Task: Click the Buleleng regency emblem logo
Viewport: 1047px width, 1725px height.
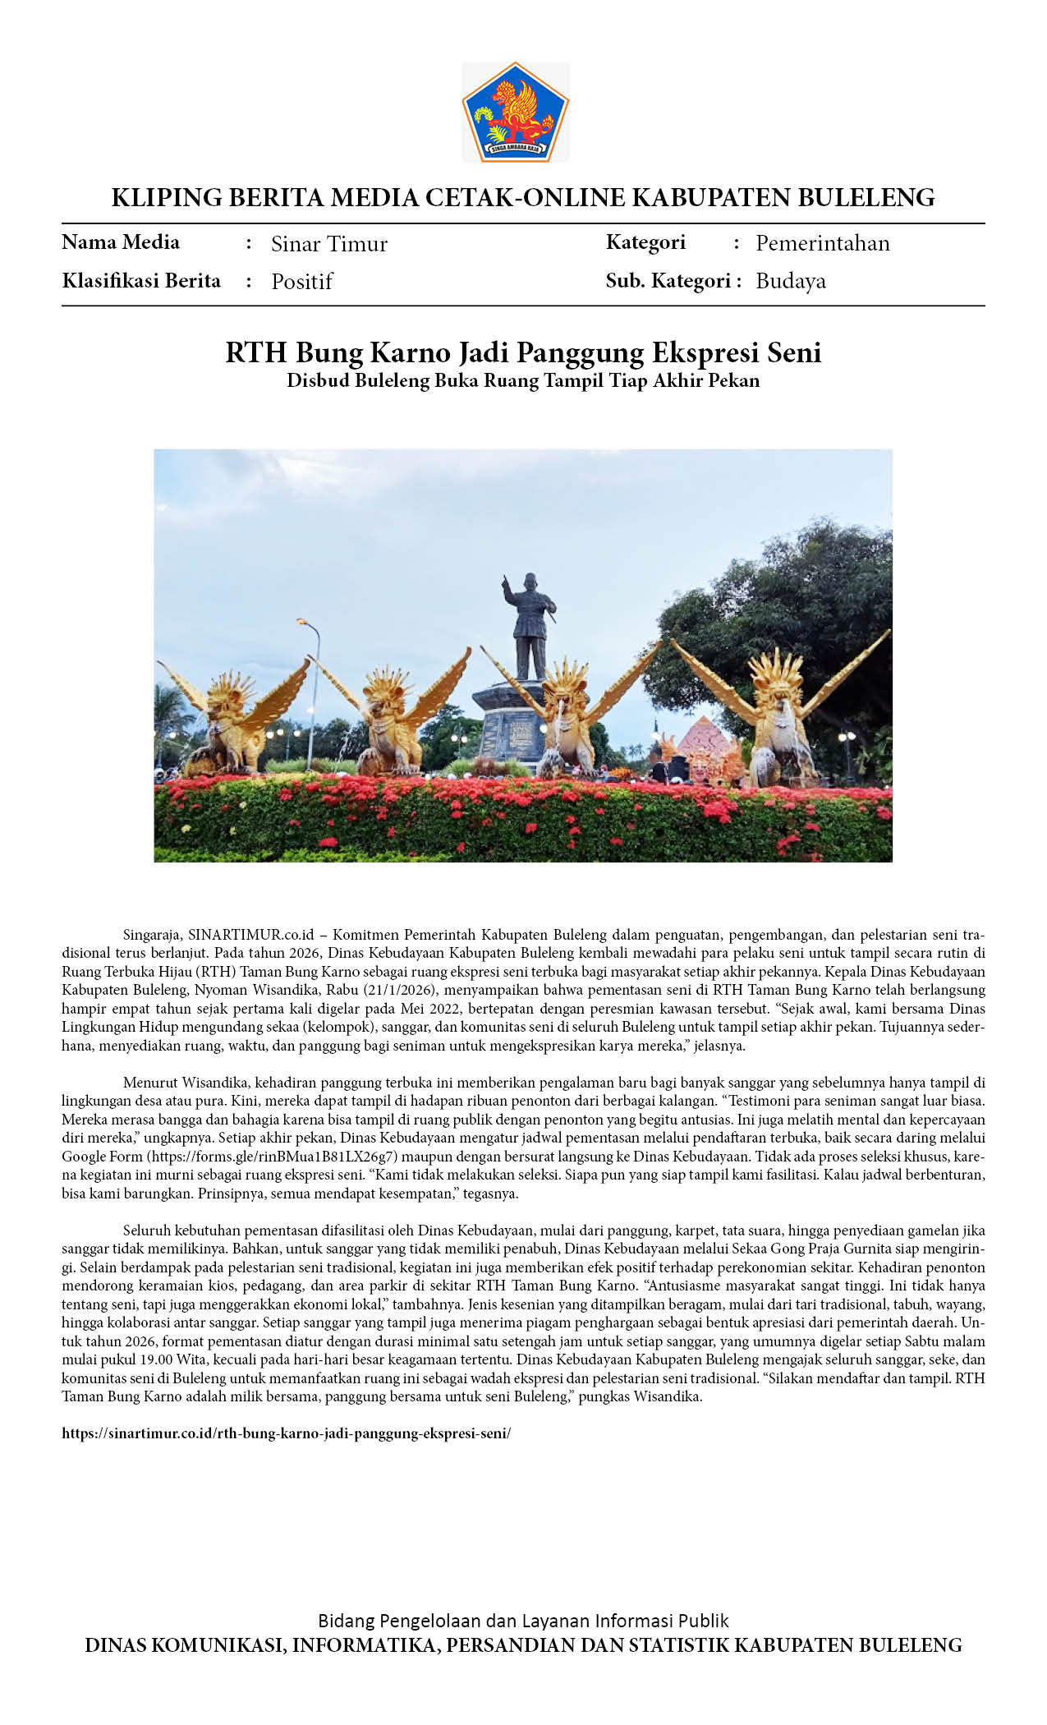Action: tap(516, 112)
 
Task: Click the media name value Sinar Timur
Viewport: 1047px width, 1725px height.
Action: tap(328, 244)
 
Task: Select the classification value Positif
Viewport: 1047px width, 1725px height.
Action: tap(301, 282)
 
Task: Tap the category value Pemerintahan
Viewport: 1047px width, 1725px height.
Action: tap(822, 243)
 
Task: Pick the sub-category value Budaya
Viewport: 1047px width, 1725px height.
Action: tap(790, 281)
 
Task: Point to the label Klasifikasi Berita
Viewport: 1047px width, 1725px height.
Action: tap(141, 281)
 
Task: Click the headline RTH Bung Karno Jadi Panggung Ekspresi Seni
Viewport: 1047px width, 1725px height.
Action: tap(523, 352)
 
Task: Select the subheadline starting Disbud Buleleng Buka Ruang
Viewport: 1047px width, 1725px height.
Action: tap(523, 380)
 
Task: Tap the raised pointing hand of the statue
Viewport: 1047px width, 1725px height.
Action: tap(505, 582)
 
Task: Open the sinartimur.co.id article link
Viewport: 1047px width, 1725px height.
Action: tap(286, 1433)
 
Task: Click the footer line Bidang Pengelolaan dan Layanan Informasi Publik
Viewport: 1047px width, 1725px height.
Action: tap(523, 1621)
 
